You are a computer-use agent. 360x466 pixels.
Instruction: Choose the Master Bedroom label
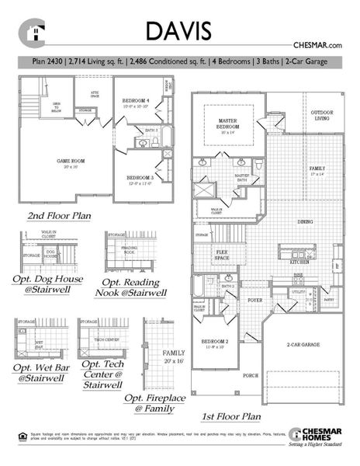click(x=227, y=123)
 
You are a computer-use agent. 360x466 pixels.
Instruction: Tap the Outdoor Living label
click(x=322, y=116)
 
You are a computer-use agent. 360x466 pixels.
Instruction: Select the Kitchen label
click(x=299, y=263)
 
